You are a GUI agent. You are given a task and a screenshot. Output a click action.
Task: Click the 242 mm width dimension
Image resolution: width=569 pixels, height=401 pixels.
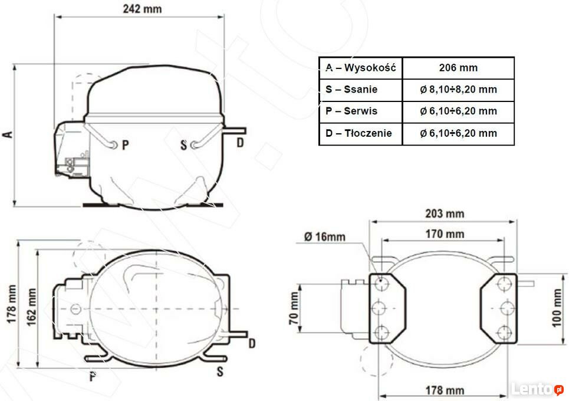(x=142, y=9)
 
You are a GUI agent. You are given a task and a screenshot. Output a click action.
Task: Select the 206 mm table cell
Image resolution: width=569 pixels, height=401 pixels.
(x=458, y=68)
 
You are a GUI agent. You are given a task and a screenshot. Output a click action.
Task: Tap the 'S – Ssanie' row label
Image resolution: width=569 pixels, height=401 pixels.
(x=351, y=89)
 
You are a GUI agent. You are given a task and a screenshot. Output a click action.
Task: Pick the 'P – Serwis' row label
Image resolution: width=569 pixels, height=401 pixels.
(x=351, y=111)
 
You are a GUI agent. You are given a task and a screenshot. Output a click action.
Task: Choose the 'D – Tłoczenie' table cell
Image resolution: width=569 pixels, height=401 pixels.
(x=361, y=133)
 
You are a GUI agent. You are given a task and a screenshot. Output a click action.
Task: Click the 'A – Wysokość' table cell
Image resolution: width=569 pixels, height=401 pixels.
(x=361, y=68)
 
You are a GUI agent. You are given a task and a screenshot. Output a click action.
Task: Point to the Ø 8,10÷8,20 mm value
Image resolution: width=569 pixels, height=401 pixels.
(x=458, y=89)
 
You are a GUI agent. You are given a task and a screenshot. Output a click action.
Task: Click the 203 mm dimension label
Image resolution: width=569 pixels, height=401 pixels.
(x=445, y=213)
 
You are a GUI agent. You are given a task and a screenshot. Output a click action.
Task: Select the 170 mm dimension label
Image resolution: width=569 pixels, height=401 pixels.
(x=445, y=234)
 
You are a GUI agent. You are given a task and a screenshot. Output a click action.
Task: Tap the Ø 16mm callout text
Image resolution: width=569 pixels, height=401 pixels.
(x=325, y=237)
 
